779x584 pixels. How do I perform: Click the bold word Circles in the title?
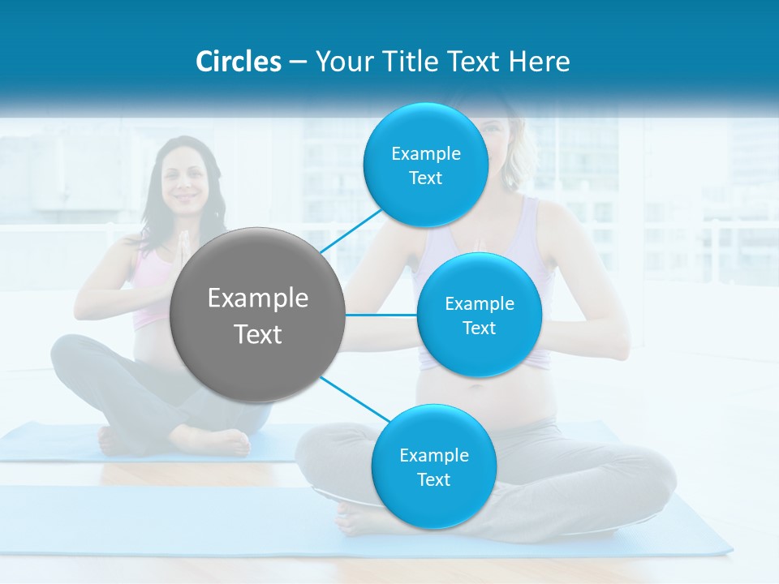point(238,62)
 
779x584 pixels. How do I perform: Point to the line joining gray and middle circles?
point(381,315)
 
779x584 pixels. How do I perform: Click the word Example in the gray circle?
point(258,298)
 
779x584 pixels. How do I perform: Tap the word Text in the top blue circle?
point(425,178)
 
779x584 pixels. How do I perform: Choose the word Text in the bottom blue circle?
point(433,479)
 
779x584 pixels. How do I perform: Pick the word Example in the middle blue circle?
point(479,304)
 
